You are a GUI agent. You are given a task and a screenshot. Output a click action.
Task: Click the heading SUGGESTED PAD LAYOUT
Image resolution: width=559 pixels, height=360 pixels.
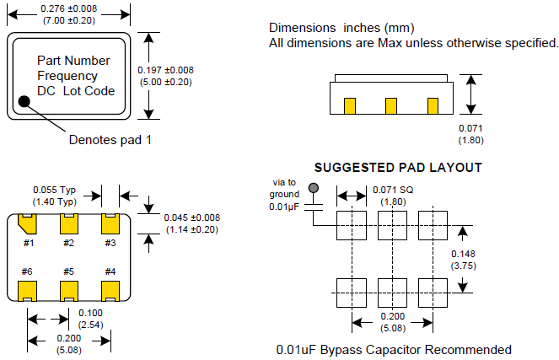[x=398, y=167]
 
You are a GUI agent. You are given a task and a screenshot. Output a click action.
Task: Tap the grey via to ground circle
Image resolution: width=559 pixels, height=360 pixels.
[x=314, y=189]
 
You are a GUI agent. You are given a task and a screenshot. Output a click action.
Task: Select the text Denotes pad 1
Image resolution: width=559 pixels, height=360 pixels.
[x=110, y=140]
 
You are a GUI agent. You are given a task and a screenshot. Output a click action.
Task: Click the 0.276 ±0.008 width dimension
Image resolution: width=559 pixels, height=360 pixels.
[x=69, y=8]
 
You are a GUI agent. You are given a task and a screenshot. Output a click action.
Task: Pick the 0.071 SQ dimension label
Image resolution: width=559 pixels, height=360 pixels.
[x=394, y=190]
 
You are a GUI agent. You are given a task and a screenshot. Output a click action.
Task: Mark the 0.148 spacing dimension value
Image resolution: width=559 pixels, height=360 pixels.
[x=462, y=254]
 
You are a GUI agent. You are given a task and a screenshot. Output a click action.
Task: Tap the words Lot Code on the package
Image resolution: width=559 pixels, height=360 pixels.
[x=89, y=91]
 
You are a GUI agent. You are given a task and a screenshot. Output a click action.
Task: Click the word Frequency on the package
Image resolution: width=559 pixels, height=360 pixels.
[x=67, y=76]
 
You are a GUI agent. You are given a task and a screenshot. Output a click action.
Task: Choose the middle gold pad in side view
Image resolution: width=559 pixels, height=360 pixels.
[x=390, y=105]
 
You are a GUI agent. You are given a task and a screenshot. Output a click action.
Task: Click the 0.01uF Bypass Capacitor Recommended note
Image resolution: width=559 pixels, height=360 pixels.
[x=393, y=349]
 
